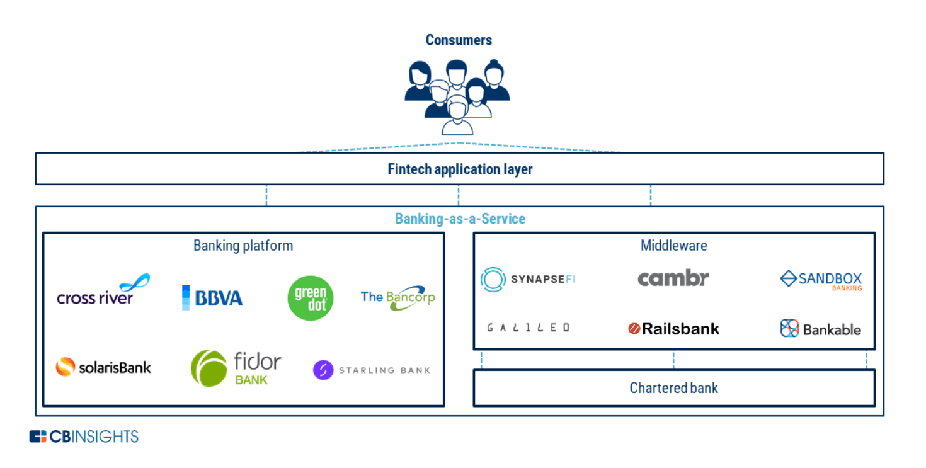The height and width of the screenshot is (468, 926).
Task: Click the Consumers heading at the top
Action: [459, 40]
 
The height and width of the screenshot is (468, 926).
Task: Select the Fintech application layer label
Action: [460, 169]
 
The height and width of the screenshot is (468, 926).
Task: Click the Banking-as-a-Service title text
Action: [460, 219]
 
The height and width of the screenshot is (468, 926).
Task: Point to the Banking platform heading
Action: [243, 246]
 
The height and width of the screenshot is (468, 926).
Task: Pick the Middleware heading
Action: [673, 246]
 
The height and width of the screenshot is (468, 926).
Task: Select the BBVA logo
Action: [212, 298]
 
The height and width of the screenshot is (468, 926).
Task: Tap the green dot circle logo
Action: [310, 299]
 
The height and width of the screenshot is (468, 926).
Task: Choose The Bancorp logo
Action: [397, 298]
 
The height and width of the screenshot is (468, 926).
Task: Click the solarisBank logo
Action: [103, 367]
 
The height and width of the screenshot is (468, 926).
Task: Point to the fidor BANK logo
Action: [236, 368]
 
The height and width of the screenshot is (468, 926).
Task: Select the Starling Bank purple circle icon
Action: [323, 370]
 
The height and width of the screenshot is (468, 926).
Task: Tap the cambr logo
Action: [673, 278]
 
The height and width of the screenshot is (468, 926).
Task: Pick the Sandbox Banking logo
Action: [821, 280]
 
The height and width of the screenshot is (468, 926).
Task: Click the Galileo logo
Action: [528, 328]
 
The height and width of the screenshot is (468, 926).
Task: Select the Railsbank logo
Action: [673, 328]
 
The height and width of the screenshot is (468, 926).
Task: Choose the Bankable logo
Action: [820, 328]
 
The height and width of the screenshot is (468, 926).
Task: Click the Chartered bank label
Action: [673, 388]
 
